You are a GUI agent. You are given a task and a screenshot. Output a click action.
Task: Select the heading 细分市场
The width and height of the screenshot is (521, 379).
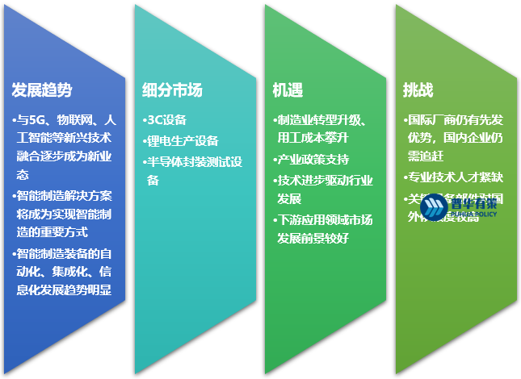[172, 90]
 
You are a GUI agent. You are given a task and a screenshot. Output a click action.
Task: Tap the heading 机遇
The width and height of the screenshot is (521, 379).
[288, 90]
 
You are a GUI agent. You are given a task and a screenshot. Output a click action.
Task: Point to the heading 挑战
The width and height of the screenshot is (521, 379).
[418, 90]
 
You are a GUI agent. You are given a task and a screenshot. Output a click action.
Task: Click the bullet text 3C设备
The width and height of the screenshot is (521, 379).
[166, 120]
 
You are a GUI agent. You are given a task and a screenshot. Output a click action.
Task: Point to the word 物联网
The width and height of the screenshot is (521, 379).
[74, 120]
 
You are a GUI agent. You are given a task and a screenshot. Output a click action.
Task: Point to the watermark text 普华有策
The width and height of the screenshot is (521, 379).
[473, 204]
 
